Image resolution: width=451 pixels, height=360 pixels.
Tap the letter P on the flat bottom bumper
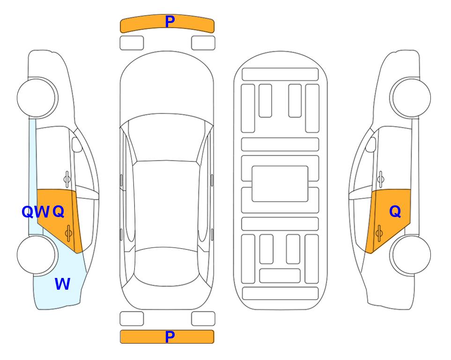pos(170,337)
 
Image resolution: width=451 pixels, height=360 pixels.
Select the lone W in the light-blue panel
pos(62,284)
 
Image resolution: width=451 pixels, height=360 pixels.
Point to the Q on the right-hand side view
pos(395,212)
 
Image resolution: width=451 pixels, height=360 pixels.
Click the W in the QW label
pos(42,212)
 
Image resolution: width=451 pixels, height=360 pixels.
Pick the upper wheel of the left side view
pos(37,97)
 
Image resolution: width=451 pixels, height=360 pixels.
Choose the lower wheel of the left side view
pos(37,255)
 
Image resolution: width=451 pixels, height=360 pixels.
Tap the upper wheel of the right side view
pos(410,97)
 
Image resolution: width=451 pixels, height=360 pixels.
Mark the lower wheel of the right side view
pos(410,255)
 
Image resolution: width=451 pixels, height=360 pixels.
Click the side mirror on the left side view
pos(76,144)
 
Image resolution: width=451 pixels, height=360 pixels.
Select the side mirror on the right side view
pos(371,144)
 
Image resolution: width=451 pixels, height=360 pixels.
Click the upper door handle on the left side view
pos(67,179)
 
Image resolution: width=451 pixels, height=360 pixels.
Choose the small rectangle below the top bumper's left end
pos(132,43)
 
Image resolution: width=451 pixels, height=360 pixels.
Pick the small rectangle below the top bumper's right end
pos(203,43)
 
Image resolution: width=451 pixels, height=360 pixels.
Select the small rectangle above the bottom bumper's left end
pos(132,319)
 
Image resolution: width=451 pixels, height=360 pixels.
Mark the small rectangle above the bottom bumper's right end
pos(203,319)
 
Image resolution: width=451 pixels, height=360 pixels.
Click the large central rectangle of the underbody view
pos(280,184)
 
